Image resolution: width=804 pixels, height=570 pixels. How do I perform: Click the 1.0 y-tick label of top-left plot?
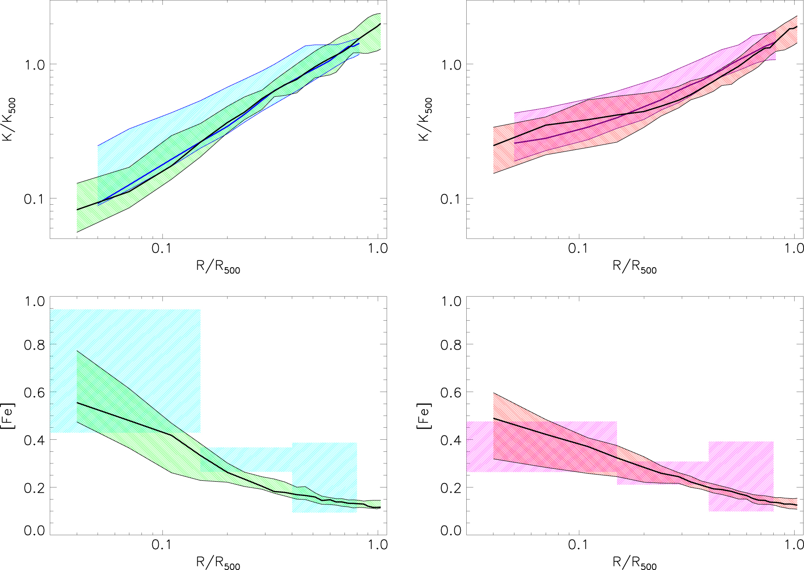(34, 65)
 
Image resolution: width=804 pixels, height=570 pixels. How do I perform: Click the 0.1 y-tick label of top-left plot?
(34, 199)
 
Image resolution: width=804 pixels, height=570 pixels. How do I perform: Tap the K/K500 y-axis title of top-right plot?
(425, 119)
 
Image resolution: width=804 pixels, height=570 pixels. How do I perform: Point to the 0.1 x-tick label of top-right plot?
(578, 248)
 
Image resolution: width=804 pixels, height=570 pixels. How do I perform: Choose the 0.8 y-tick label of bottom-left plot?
(34, 345)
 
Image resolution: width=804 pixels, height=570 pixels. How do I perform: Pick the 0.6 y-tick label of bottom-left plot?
(34, 392)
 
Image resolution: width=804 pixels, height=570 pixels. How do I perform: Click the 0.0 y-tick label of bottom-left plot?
(34, 530)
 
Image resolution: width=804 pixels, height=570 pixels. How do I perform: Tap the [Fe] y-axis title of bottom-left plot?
(9, 416)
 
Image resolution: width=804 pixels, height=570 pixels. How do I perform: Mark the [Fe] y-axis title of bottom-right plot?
(425, 416)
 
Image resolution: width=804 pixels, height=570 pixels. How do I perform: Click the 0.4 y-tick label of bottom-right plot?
(451, 440)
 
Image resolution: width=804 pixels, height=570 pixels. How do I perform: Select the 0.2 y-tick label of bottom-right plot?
(451, 488)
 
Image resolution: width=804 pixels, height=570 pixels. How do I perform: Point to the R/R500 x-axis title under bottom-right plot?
(634, 563)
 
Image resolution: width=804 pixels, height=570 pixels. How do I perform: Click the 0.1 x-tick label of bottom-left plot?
(162, 545)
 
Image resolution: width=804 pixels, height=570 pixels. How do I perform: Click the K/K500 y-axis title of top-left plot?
(9, 119)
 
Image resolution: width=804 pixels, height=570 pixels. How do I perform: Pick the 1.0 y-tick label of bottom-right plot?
(451, 302)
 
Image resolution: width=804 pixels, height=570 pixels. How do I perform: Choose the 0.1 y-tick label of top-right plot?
(451, 199)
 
